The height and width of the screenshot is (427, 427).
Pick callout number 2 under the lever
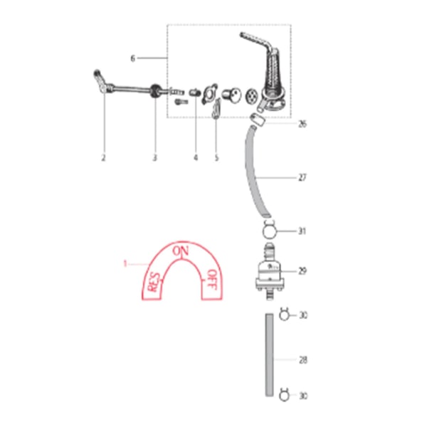click(x=103, y=157)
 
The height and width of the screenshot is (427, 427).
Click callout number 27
click(x=302, y=177)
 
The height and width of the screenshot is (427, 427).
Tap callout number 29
click(x=302, y=271)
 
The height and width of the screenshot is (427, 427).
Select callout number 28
click(x=302, y=360)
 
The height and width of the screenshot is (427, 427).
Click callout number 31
click(x=302, y=231)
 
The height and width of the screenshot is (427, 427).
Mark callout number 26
click(x=302, y=124)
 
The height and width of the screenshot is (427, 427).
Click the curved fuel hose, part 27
click(x=255, y=171)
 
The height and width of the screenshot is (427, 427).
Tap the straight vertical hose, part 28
click(x=269, y=356)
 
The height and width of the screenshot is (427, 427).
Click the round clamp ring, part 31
click(x=269, y=231)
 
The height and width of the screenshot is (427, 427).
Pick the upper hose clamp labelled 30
click(x=284, y=315)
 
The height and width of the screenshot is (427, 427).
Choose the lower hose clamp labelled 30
click(x=284, y=394)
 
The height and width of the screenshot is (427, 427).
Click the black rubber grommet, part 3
click(x=154, y=90)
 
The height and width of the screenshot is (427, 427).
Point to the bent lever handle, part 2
click(x=100, y=80)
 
